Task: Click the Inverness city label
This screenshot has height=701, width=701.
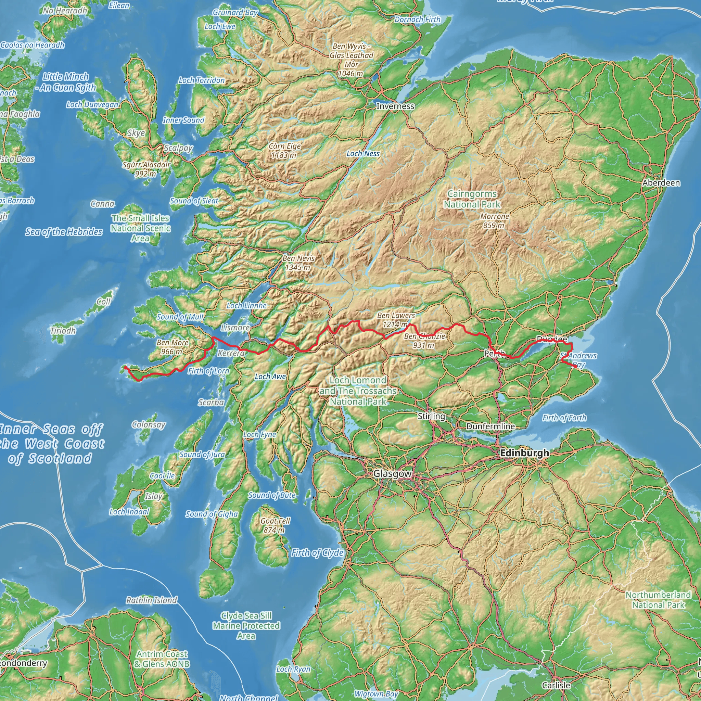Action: pos(395,106)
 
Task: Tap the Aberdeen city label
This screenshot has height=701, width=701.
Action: pos(661,182)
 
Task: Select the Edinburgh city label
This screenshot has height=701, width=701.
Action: pos(524,453)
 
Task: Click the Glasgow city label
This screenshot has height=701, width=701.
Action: pos(393,473)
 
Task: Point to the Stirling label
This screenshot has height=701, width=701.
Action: pos(431,416)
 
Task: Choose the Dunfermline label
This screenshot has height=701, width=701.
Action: pos(490,426)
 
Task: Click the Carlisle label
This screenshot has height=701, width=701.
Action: pos(556,685)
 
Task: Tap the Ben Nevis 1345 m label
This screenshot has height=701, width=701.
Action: pos(298,263)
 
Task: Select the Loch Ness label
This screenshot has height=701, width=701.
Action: pos(363,153)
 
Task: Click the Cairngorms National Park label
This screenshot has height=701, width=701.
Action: pos(472,199)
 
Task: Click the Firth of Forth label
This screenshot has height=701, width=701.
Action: pos(564,418)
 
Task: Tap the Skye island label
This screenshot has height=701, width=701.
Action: pos(136,133)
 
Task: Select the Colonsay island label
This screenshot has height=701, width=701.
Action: pos(149,424)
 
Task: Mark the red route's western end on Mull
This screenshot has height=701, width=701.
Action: pos(125,368)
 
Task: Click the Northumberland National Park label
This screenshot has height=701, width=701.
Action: pos(658,600)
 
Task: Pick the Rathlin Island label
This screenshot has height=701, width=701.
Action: pos(151,600)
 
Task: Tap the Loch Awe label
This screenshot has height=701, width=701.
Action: pos(270,376)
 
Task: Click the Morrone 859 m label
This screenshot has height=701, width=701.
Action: pos(495,221)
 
